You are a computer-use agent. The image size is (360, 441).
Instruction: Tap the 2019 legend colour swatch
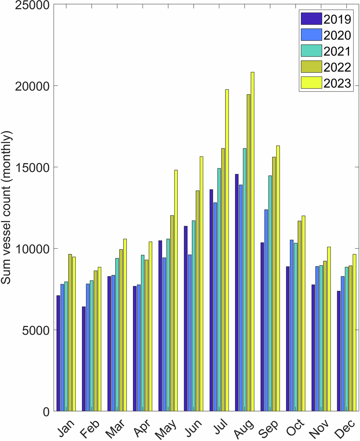click(x=311, y=18)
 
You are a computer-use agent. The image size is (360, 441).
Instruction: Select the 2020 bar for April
click(x=139, y=348)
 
